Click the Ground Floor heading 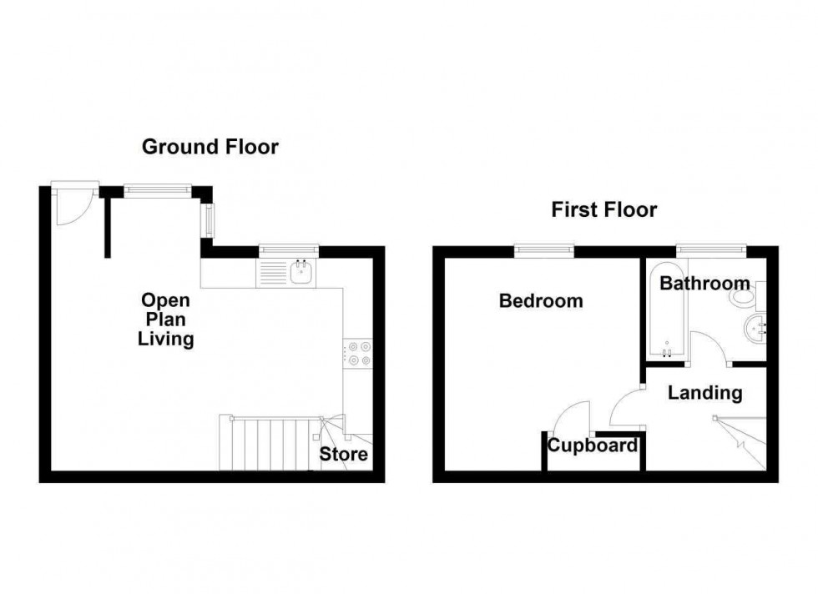pos(210,148)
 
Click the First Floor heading pos(603,209)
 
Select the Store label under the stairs pos(344,455)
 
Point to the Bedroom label pos(540,301)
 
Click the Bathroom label pos(704,284)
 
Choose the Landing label pos(704,392)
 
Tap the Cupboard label pos(593,445)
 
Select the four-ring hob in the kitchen pos(358,354)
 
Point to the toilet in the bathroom pos(742,297)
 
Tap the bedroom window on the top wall pos(543,248)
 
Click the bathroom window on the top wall pos(709,248)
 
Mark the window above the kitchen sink pos(288,249)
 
